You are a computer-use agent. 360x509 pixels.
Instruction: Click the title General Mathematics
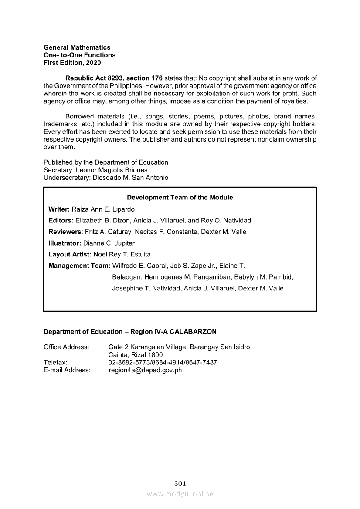(77, 47)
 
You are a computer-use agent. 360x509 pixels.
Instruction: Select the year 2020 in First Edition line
(93, 63)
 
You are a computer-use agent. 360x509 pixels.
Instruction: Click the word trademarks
(58, 124)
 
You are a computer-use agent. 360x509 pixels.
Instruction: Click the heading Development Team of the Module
(180, 197)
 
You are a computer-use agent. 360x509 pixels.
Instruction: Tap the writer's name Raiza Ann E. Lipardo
(103, 209)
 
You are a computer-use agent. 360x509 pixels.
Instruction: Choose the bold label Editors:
(61, 220)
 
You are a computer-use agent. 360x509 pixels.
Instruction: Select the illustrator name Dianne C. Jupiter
(109, 243)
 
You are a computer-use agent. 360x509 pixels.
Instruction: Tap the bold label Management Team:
(79, 266)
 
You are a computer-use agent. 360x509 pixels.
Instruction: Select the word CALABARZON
(193, 332)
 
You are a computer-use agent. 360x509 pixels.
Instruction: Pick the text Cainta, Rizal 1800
(136, 355)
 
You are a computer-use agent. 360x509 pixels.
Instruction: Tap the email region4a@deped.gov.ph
(145, 370)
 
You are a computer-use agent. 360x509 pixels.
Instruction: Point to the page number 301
(180, 483)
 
